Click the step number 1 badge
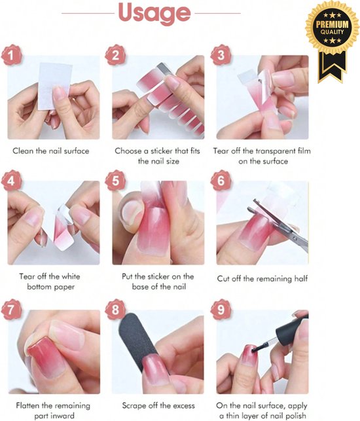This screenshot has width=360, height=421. coord(12,56)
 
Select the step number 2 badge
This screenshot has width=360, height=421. coord(116,56)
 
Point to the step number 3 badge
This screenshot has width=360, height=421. coord(221,56)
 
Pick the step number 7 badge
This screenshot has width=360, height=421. coord(12,310)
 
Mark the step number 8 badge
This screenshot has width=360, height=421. coord(116,310)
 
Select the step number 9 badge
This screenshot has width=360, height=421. coord(221,310)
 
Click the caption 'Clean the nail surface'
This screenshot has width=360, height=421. coord(51,151)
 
